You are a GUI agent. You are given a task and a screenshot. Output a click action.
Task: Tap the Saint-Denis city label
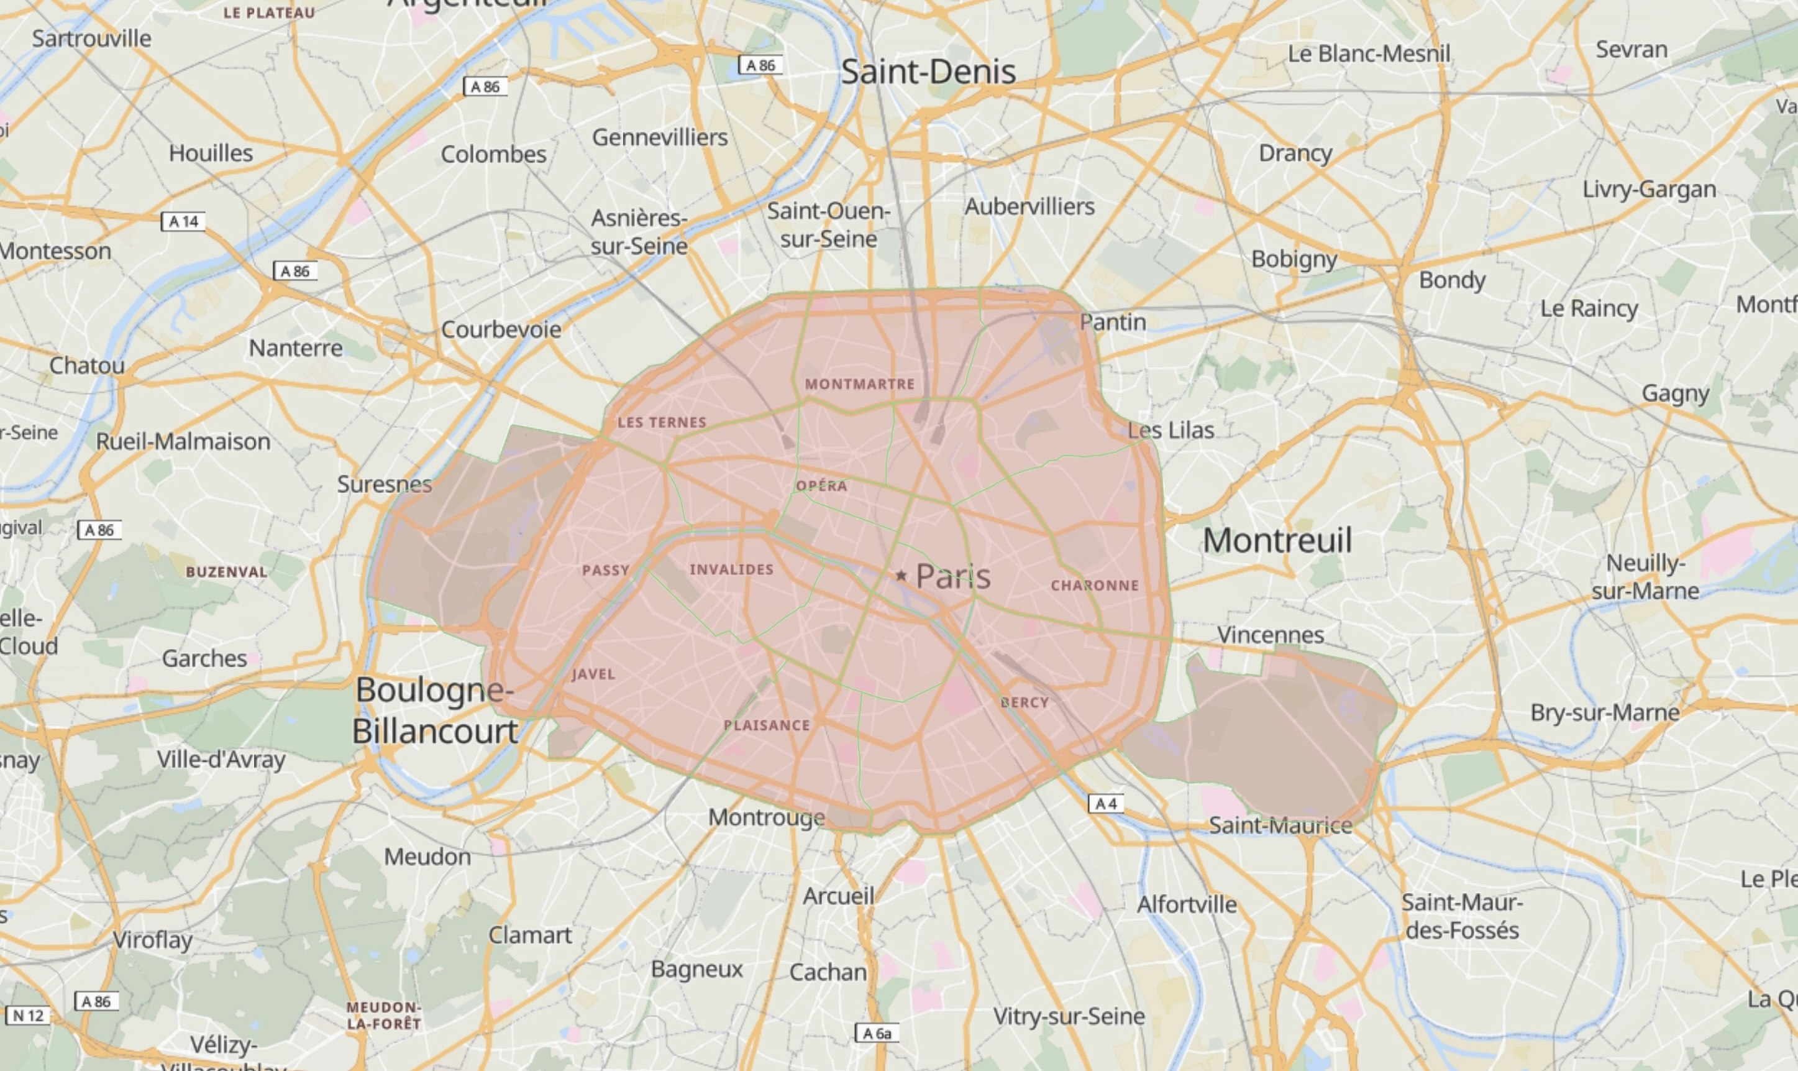pos(928,71)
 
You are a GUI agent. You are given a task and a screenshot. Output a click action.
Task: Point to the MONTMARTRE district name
pos(860,384)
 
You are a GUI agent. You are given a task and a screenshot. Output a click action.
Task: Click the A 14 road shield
pos(183,221)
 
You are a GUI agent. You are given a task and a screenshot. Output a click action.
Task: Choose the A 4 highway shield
pos(1106,803)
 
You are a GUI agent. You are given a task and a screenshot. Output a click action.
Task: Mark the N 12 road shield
pos(28,1016)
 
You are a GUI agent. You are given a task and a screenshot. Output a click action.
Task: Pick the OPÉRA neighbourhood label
pos(821,485)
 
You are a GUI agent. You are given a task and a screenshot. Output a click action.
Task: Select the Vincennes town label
pos(1271,635)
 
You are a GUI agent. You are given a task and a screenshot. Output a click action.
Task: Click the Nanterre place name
pos(296,348)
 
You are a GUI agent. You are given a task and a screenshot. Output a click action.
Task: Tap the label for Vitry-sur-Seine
pos(1069,1016)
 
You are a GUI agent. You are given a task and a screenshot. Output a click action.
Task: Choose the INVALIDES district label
pos(731,569)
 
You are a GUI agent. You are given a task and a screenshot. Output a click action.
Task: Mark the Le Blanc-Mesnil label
pos(1369,53)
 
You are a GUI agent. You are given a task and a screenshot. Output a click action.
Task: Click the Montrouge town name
pos(766,817)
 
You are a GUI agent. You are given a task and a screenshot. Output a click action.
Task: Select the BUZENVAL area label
pos(227,572)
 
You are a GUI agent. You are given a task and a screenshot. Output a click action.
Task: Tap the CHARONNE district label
pos(1095,586)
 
